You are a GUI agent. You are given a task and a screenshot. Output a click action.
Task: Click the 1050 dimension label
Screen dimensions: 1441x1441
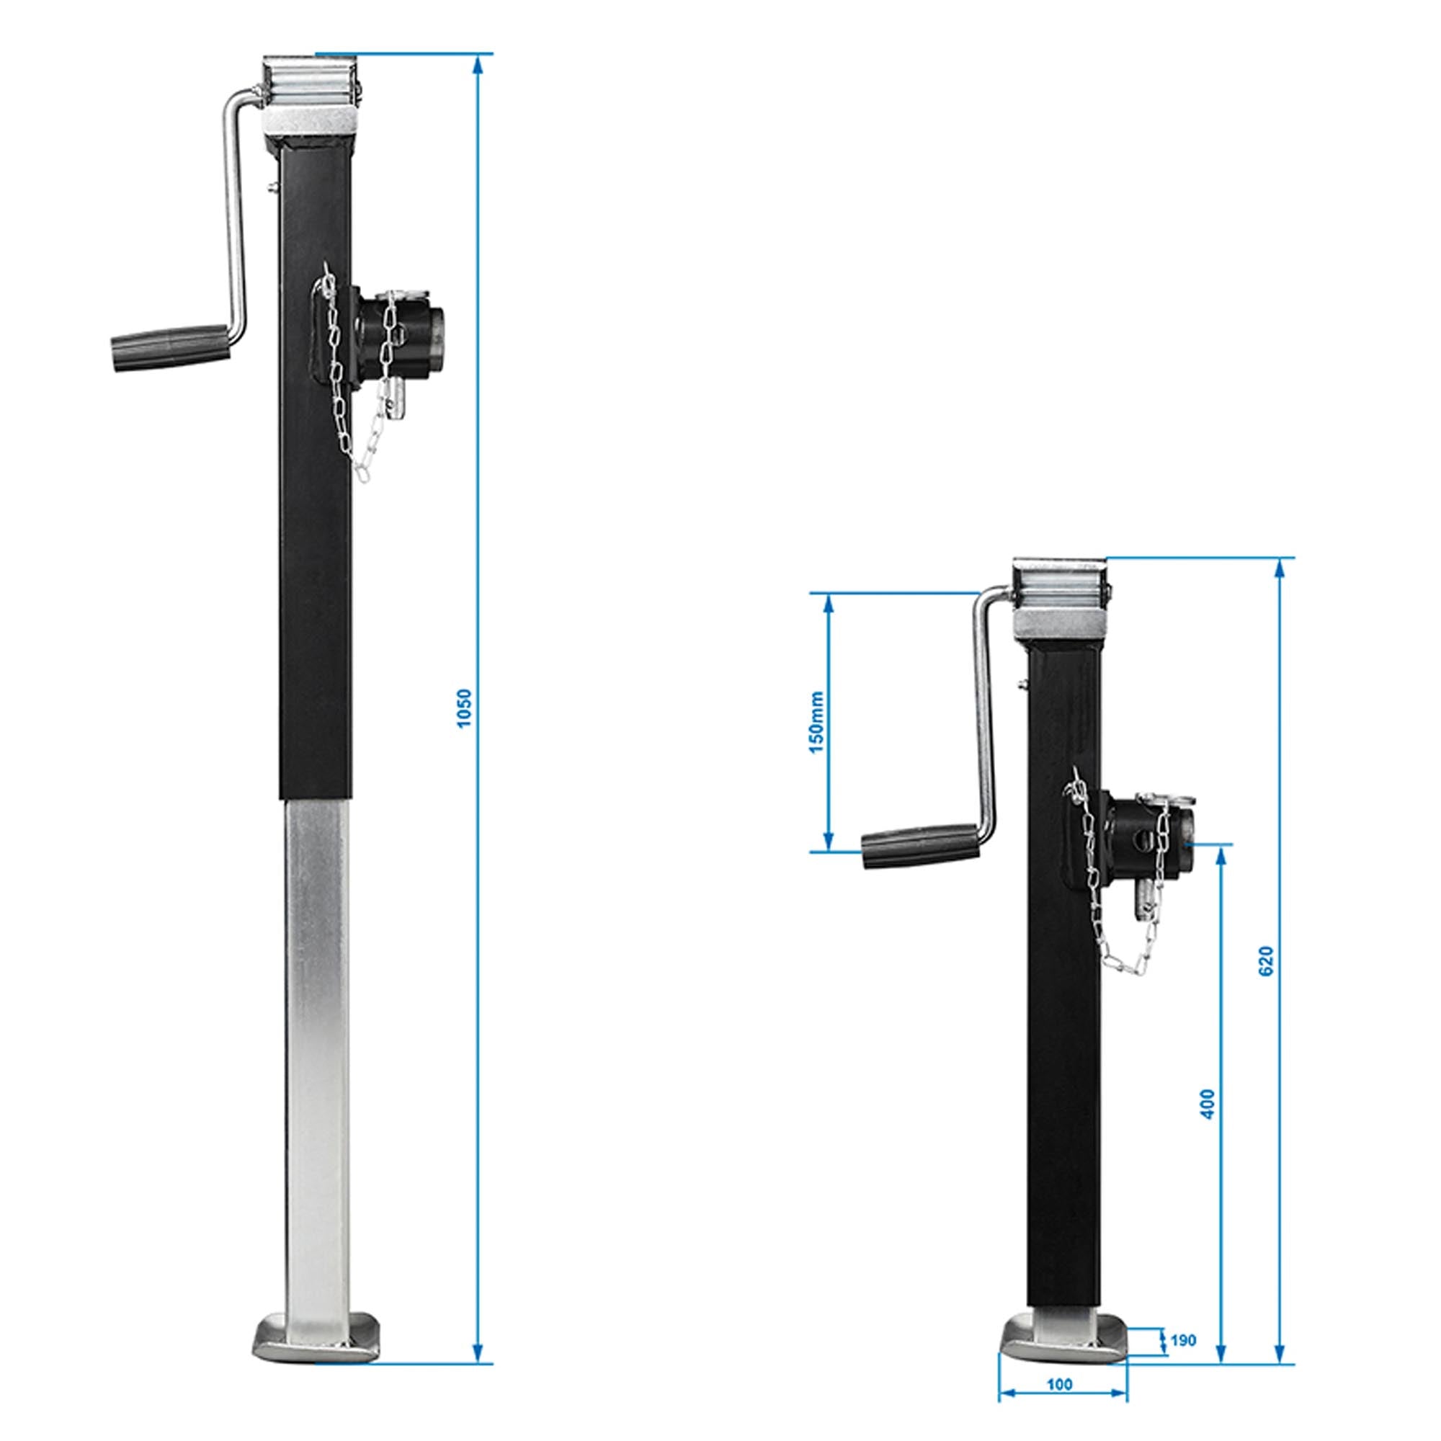[x=464, y=708]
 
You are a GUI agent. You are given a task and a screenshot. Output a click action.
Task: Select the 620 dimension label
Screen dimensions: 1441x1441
[x=1267, y=961]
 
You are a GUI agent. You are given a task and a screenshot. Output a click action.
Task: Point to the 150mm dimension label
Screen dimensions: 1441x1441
[x=818, y=722]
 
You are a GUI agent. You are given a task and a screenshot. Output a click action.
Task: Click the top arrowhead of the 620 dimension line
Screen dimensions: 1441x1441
[x=1280, y=568]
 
